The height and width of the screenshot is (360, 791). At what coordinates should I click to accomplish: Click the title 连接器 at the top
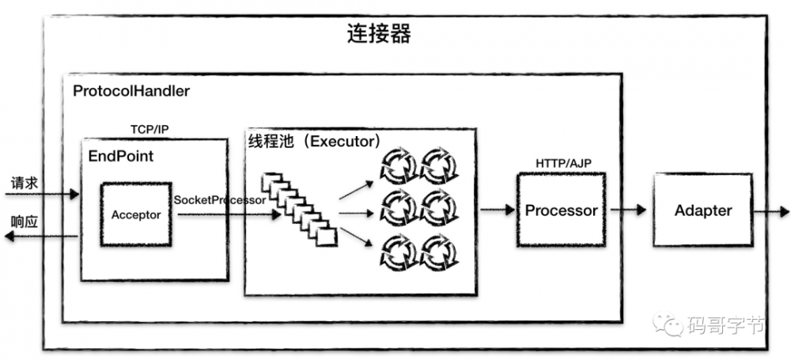[x=379, y=35]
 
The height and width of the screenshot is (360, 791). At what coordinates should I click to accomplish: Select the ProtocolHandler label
[x=131, y=91]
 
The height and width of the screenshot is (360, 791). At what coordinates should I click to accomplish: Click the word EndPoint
[x=121, y=156]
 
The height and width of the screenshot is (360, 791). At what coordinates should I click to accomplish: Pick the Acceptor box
[x=136, y=214]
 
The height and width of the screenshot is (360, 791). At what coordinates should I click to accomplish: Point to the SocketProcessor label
[x=219, y=200]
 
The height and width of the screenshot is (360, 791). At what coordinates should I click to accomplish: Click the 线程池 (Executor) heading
[x=315, y=142]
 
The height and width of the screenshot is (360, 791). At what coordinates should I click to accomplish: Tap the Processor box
[x=561, y=211]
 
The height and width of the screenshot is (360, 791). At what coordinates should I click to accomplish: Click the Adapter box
[x=702, y=211]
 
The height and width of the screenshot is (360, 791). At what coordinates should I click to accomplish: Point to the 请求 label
[x=24, y=183]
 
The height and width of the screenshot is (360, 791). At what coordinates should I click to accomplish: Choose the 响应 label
[x=24, y=221]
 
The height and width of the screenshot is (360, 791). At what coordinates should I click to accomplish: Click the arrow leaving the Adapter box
[x=771, y=211]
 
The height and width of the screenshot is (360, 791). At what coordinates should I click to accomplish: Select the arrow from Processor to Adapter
[x=627, y=211]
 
